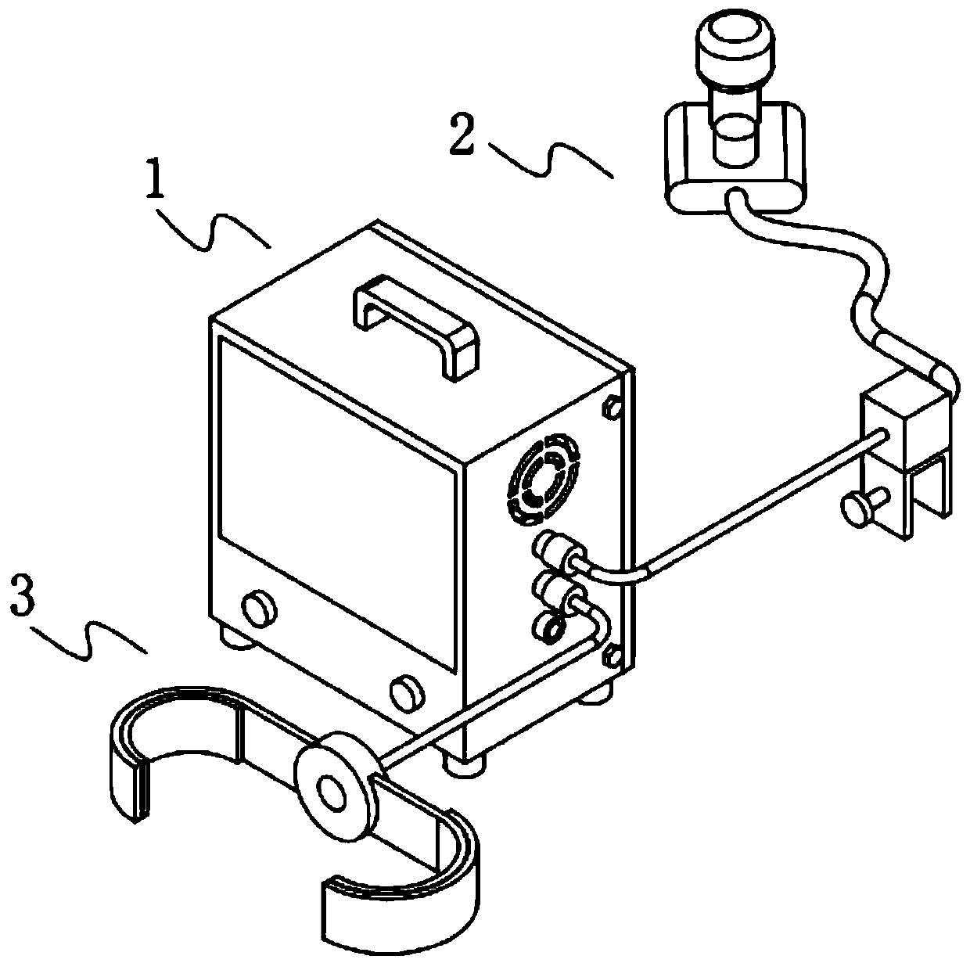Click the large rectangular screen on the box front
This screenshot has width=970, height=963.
(336, 501)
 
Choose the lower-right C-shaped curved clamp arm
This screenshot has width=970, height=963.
(407, 892)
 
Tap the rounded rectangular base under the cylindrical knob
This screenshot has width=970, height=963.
(735, 160)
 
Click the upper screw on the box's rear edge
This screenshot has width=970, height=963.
(612, 407)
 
